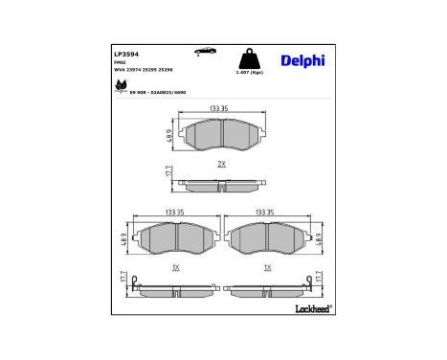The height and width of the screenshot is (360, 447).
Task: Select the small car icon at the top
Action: [203, 50]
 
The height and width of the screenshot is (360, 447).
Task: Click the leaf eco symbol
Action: [121, 87]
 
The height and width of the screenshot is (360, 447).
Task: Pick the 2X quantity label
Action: [220, 164]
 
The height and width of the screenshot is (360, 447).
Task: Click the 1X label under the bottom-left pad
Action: [175, 267]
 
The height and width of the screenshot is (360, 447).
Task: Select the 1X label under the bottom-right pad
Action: [267, 267]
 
